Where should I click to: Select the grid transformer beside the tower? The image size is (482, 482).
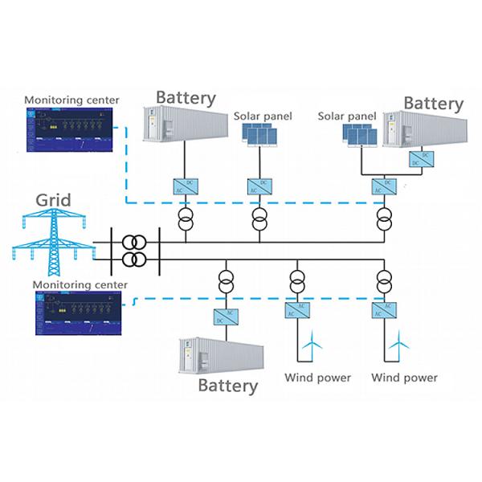tap(134, 251)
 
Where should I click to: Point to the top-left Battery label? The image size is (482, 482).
tap(186, 98)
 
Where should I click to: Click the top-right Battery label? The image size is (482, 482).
tap(433, 104)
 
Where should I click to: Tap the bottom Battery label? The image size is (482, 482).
tap(228, 386)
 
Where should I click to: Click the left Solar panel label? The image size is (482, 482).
tap(263, 116)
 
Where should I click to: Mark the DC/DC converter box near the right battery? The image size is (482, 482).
tap(416, 159)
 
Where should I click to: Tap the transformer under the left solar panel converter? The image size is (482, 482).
tap(259, 219)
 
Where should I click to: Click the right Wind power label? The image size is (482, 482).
tap(404, 378)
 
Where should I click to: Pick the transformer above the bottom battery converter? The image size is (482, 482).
tap(223, 282)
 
